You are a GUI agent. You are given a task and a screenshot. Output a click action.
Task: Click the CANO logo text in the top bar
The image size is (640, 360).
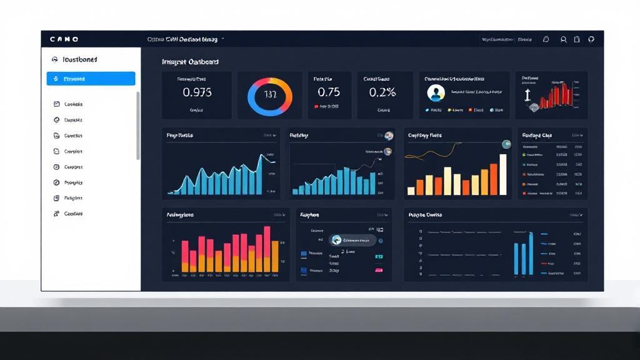[x=64, y=39]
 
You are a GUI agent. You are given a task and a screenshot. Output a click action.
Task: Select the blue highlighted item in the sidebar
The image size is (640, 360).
[x=91, y=79]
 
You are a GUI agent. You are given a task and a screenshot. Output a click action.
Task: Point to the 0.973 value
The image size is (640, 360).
[x=197, y=92]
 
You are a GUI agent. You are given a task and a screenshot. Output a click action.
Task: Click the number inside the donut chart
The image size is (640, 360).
[x=270, y=96]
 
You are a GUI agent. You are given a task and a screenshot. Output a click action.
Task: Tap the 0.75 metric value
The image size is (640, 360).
[x=329, y=92]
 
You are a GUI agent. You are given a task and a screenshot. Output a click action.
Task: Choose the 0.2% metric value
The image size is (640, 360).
[x=382, y=92]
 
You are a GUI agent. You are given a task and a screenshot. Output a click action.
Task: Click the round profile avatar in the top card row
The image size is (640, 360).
[x=436, y=93]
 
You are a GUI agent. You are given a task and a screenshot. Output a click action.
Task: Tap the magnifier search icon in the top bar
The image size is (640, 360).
[x=563, y=39]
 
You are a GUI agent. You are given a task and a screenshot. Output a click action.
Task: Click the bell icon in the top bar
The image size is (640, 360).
[x=546, y=39]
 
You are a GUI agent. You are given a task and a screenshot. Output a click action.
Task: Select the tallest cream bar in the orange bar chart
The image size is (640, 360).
[x=502, y=174]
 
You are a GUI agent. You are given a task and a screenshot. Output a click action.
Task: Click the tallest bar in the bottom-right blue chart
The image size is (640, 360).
[x=531, y=253]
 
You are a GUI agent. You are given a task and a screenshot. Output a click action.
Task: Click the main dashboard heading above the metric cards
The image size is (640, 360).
[x=190, y=62]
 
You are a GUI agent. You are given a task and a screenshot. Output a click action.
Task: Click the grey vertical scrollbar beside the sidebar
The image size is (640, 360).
[x=138, y=125]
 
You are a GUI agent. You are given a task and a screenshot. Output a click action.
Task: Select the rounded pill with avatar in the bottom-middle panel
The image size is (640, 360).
[x=353, y=240]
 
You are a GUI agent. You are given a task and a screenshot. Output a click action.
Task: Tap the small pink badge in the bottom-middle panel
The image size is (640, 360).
[x=378, y=270]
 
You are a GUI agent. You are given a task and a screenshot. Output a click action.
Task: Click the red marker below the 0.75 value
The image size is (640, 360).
[x=316, y=107]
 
